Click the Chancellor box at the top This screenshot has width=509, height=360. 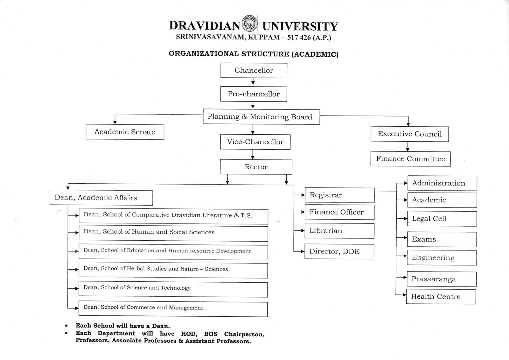click(254, 70)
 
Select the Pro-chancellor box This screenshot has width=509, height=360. click(254, 94)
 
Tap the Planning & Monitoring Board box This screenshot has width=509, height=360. click(261, 117)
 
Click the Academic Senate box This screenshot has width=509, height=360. click(125, 132)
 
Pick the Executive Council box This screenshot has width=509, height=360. click(409, 134)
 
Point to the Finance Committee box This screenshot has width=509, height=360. click(410, 159)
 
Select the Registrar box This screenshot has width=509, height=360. click(339, 195)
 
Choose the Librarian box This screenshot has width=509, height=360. click(339, 231)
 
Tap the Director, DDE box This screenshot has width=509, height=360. click(339, 251)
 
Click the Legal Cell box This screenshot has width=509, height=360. click(442, 219)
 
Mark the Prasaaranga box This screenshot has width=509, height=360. click(442, 279)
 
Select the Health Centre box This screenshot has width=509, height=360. click(441, 297)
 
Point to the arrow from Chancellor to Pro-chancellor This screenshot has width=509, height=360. click(253, 82)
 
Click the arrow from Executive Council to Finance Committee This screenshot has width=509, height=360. click(408, 147)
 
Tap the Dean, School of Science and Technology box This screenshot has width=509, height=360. click(173, 288)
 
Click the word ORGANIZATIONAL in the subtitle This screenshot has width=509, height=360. click(204, 54)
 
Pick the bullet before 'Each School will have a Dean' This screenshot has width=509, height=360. click(66, 326)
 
